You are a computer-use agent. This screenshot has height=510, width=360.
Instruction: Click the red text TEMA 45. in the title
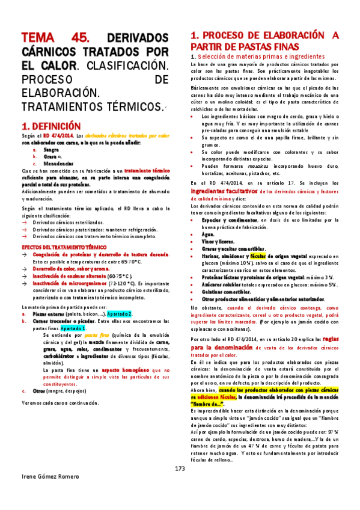(x=52, y=37)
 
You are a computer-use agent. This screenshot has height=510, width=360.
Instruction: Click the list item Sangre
(x=49, y=150)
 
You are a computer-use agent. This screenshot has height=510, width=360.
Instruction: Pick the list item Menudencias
(x=57, y=163)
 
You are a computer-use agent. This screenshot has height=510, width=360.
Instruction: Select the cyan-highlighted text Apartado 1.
(x=73, y=329)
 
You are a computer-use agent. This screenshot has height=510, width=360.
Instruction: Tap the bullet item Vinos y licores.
(x=219, y=234)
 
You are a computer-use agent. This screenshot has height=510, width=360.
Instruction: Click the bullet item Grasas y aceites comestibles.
(x=234, y=241)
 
